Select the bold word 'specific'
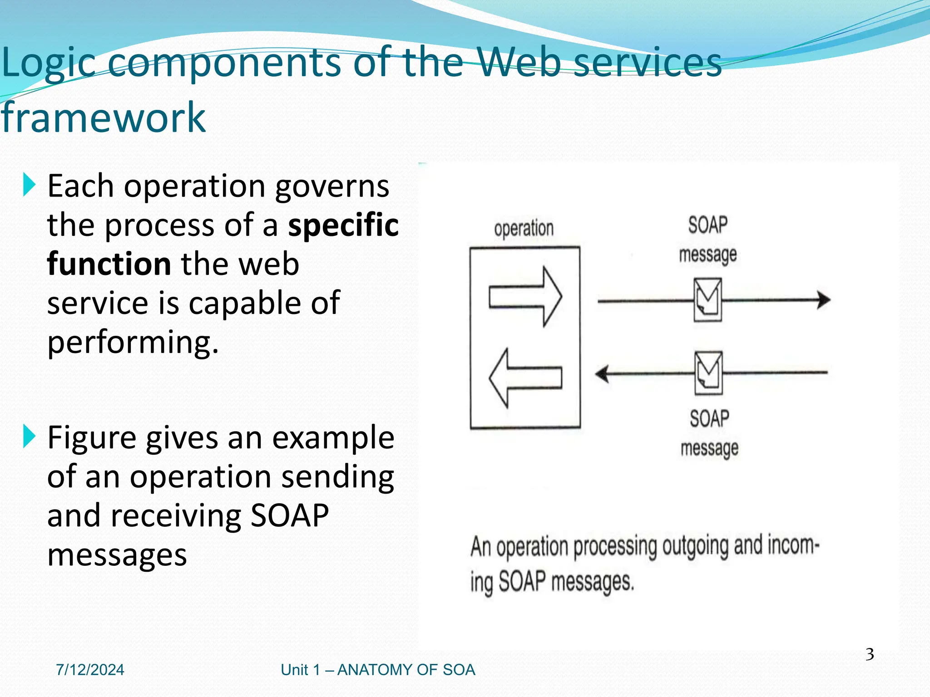coord(343,225)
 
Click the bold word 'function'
coord(109,264)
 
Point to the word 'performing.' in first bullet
coord(133,342)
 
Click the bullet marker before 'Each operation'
coord(29,185)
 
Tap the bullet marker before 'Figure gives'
coord(29,436)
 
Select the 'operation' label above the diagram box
coord(524,228)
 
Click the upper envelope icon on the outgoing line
coord(707,300)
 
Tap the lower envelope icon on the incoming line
coord(708,373)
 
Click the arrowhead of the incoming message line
coord(602,374)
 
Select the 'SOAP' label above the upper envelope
coord(707,225)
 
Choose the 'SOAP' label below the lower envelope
coord(709,418)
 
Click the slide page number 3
coord(869,654)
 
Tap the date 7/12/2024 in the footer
coord(90,670)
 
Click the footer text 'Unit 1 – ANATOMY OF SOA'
coord(378,670)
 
